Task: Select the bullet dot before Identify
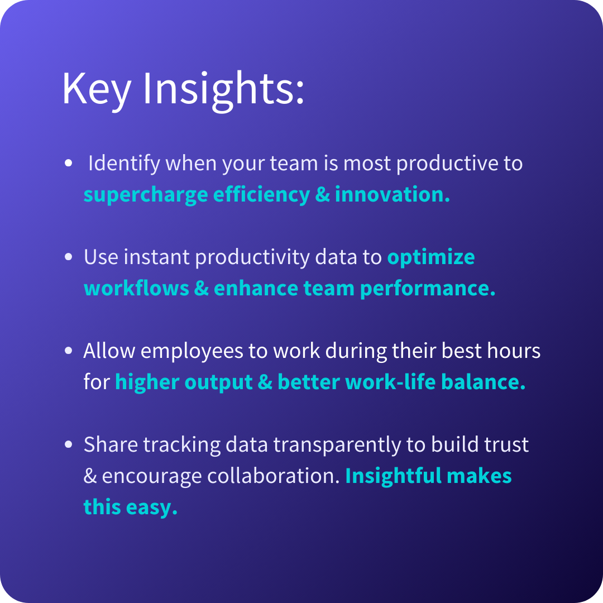coord(69,162)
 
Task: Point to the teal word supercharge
coord(146,195)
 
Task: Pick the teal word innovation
coord(393,194)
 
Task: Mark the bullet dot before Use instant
coord(69,256)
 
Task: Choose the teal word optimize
coord(431,257)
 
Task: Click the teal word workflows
coord(137,288)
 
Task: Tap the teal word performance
coord(428,289)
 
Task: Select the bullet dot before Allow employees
coord(69,350)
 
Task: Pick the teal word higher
coord(147,382)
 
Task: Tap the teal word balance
coord(484,382)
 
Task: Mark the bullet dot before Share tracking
coord(69,444)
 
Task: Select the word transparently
coord(337,446)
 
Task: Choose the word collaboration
coord(274,476)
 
